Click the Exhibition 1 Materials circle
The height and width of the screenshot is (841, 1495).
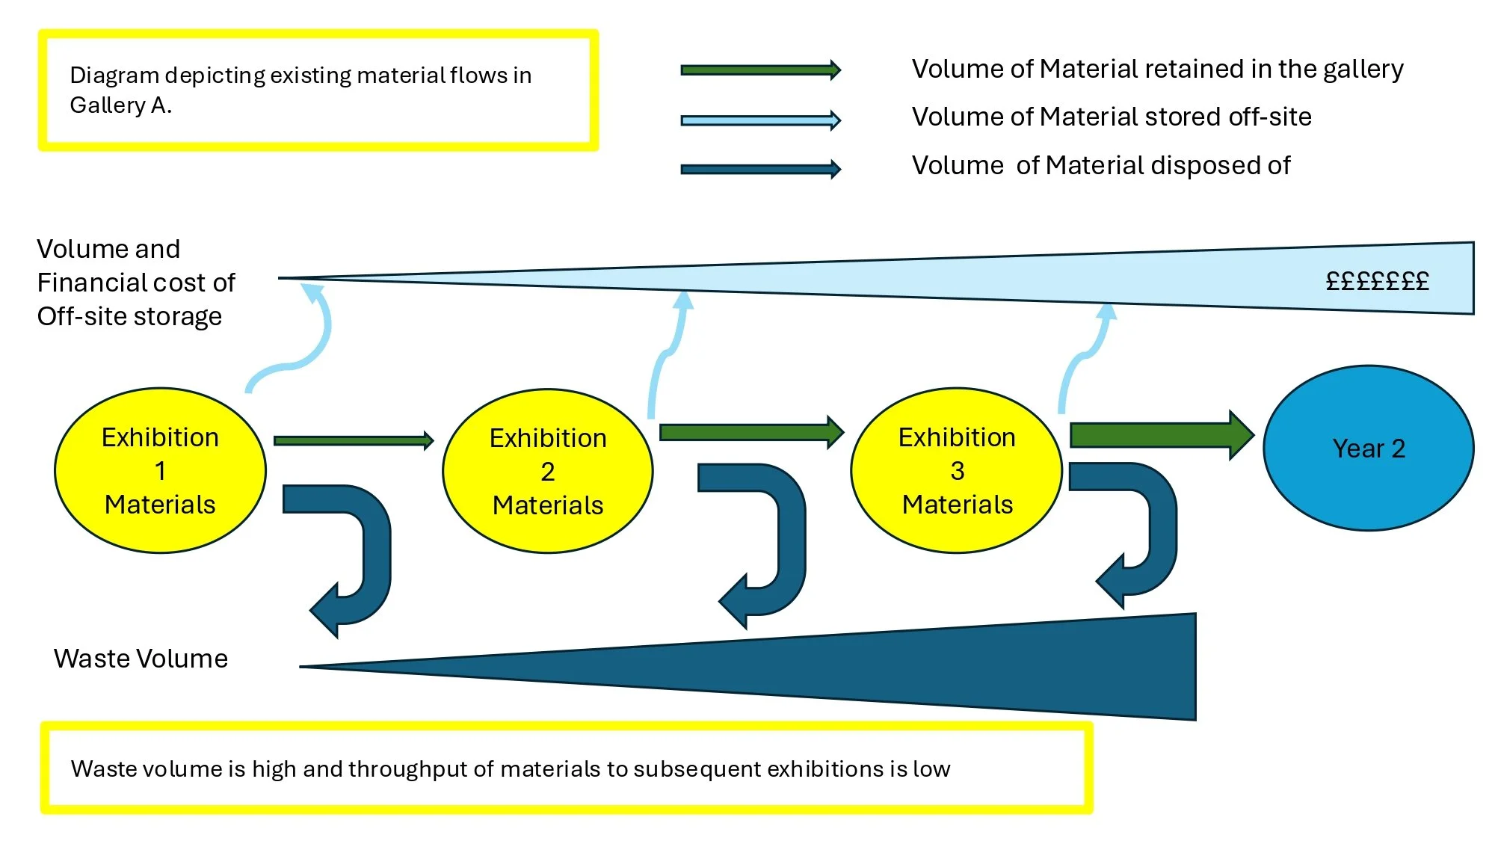pos(160,470)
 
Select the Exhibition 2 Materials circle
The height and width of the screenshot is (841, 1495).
pos(548,471)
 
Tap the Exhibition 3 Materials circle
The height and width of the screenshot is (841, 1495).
pos(957,470)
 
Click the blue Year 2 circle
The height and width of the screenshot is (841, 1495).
pos(1369,448)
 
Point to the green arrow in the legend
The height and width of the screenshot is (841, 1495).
pos(761,70)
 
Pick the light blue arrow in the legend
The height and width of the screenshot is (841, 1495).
pos(761,120)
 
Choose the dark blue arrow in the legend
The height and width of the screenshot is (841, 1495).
pos(761,169)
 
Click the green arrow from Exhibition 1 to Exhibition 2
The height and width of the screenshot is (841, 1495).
pos(354,440)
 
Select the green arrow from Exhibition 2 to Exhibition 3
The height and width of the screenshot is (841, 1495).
pos(752,432)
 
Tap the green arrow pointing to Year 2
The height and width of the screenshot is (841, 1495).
pos(1162,435)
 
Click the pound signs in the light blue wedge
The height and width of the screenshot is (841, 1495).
pos(1377,281)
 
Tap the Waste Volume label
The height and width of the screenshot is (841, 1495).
pos(141,659)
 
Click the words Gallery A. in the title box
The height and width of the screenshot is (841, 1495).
pos(120,105)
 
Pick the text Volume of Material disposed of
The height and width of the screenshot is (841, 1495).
pos(1101,165)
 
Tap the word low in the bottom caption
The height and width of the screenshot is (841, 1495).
pos(931,768)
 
